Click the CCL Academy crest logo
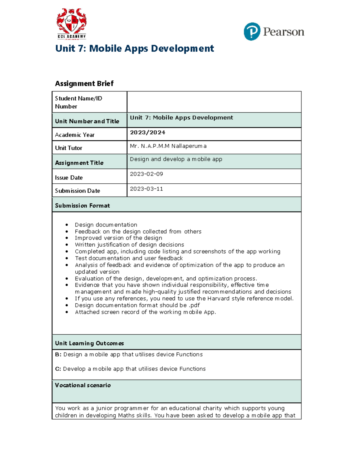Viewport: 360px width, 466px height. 71,23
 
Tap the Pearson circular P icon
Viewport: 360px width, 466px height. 252,32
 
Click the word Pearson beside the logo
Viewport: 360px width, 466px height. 283,32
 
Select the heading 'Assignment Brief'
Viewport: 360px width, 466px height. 84,83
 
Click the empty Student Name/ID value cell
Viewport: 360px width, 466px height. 214,102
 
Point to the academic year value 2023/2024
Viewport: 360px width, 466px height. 147,132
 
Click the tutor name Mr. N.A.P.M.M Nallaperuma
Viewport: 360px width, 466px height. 168,146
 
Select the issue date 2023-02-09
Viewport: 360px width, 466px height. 146,174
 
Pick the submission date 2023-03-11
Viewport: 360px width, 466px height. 146,189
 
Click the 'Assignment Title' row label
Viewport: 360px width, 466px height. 79,163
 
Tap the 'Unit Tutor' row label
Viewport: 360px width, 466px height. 68,148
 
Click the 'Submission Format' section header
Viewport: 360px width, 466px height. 82,206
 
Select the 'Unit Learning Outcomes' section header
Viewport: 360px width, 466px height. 89,343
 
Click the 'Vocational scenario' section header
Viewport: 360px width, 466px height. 83,385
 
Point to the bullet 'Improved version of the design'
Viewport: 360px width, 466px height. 118,238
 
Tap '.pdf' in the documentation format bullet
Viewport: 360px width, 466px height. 194,305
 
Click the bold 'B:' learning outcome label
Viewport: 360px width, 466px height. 58,354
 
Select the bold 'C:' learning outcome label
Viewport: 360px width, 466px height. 58,369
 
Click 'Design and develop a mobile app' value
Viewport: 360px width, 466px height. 176,159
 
